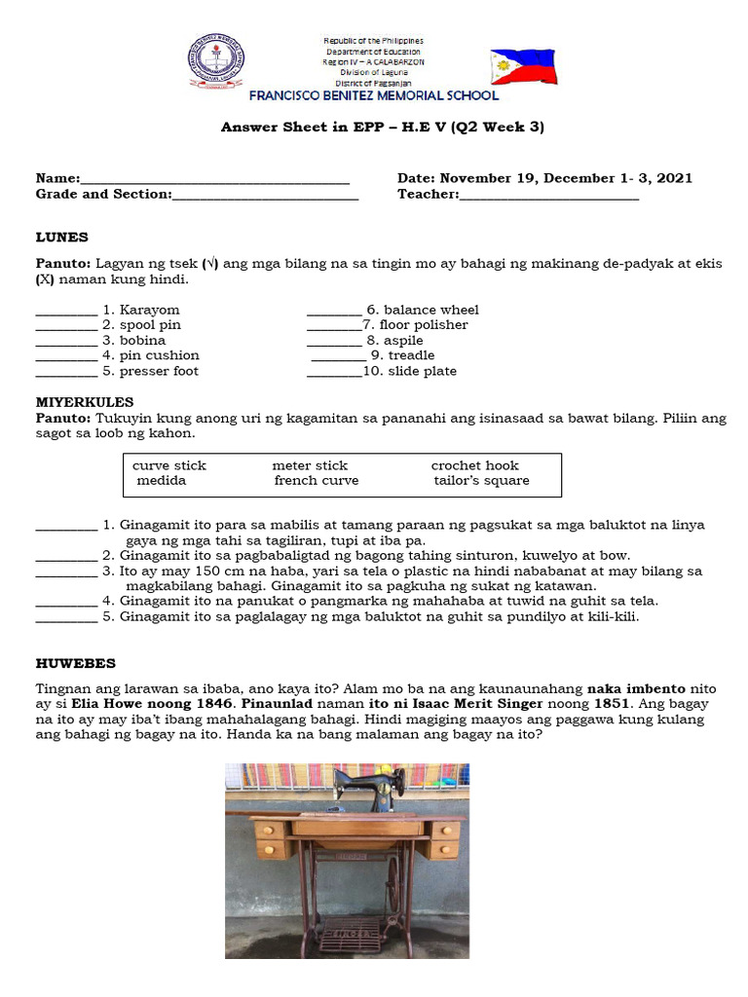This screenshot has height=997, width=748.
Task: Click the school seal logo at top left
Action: coord(216,61)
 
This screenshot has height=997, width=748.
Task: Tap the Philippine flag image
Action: coord(523,67)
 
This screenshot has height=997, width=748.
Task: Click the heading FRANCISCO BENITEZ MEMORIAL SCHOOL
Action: coord(374,96)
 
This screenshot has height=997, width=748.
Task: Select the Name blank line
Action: coord(215,180)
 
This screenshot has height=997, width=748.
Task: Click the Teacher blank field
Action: coord(549,196)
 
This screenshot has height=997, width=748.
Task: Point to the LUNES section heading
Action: coord(62,237)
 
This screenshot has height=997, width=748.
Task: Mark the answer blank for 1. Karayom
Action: coord(66,311)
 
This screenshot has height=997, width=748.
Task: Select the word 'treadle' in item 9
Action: coord(411,355)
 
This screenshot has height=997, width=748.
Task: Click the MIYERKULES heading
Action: coord(85,402)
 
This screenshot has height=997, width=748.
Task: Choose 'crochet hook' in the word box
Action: coord(475,465)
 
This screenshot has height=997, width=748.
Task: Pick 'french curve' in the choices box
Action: coord(316,481)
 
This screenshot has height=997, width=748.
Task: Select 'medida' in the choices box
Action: coord(162,481)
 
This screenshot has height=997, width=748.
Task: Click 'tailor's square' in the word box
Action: coord(481,481)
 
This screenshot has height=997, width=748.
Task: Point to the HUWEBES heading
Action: coord(76,663)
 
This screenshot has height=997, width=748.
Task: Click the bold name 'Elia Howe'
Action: coord(106,703)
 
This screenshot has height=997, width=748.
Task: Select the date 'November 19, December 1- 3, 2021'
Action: coord(566,178)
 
